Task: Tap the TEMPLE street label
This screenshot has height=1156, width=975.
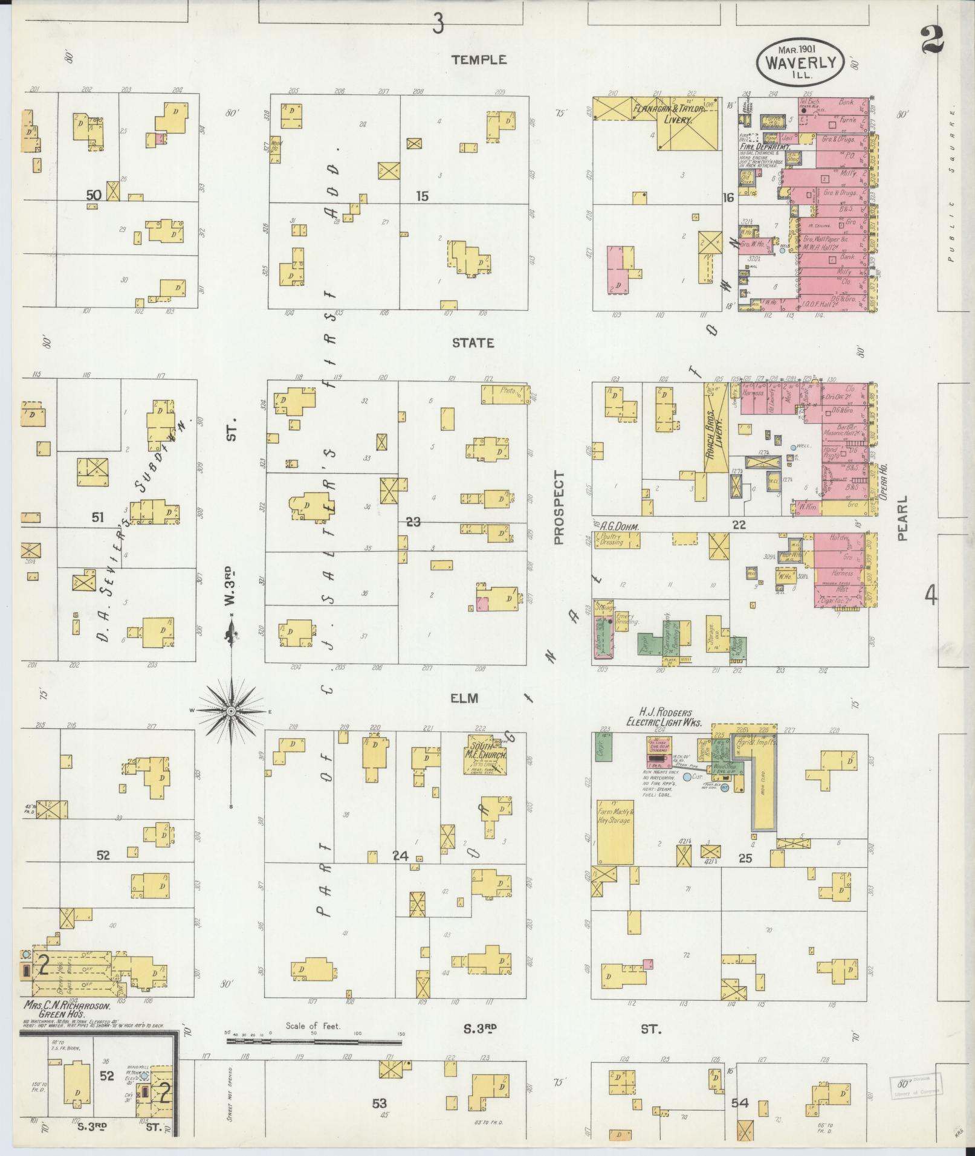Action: pyautogui.click(x=478, y=60)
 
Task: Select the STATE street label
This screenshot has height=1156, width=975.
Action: pyautogui.click(x=473, y=343)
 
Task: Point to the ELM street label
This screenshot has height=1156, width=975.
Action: pyautogui.click(x=464, y=698)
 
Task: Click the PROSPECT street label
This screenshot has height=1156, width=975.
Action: pyautogui.click(x=558, y=508)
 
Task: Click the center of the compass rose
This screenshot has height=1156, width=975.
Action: pyautogui.click(x=231, y=711)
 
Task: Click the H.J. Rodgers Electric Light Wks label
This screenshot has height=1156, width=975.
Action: pyautogui.click(x=662, y=717)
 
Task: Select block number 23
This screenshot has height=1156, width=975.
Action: pyautogui.click(x=413, y=522)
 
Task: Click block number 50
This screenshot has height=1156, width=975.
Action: pyautogui.click(x=93, y=195)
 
